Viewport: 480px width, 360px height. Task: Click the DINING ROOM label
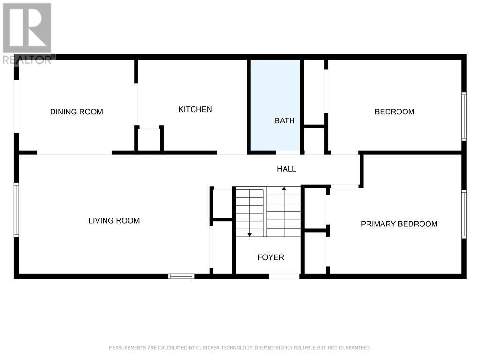76,112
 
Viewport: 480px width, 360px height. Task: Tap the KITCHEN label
195,109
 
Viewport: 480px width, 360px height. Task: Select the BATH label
285,120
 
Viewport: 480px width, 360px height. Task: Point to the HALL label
286,169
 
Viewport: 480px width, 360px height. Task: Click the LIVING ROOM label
114,220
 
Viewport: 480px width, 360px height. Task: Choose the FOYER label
271,257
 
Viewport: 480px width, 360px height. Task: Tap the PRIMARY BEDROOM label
399,224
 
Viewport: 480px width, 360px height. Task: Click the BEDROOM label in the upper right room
395,112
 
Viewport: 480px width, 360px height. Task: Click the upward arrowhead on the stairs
284,188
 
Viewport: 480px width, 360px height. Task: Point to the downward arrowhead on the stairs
250,234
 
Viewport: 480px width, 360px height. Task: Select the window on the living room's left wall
16,210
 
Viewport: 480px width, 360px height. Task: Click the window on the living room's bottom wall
181,277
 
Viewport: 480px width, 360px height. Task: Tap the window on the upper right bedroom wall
464,116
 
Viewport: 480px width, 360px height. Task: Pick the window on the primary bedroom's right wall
464,214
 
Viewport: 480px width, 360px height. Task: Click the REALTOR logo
28,34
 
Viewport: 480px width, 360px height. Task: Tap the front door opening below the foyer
284,277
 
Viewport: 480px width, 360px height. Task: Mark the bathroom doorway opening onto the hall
288,152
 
